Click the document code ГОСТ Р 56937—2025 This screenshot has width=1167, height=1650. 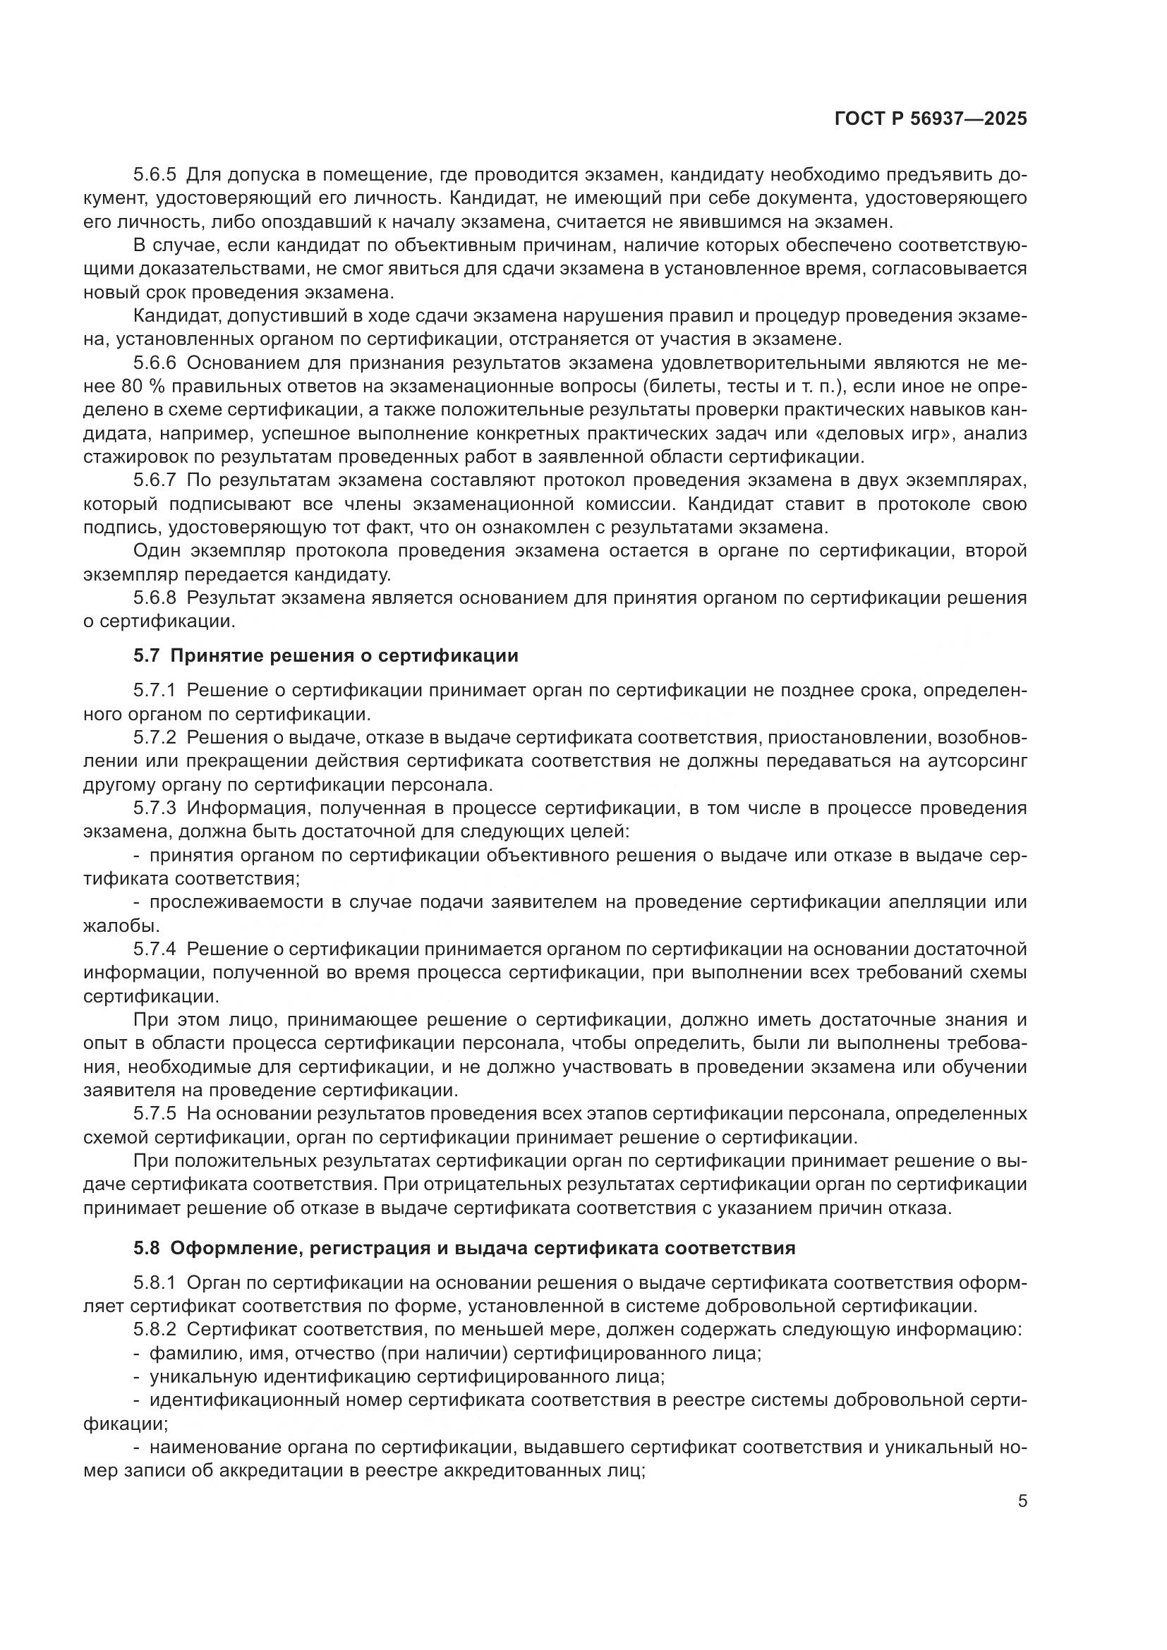pyautogui.click(x=931, y=119)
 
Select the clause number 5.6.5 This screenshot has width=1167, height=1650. pyautogui.click(x=155, y=175)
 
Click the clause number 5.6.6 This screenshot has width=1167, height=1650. pyautogui.click(x=155, y=363)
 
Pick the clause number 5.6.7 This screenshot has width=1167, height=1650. pyautogui.click(x=155, y=480)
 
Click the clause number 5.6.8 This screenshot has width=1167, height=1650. pyautogui.click(x=155, y=598)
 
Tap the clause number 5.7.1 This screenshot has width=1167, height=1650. pyautogui.click(x=155, y=691)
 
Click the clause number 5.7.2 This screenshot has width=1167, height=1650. pyautogui.click(x=155, y=738)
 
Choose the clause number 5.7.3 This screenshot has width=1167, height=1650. pyautogui.click(x=155, y=808)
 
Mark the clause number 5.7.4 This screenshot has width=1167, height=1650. pyautogui.click(x=155, y=950)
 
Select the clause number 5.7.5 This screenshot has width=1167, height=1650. pyautogui.click(x=155, y=1114)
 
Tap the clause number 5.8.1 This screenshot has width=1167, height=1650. pyautogui.click(x=155, y=1283)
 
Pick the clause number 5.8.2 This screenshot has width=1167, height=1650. pyautogui.click(x=155, y=1330)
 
